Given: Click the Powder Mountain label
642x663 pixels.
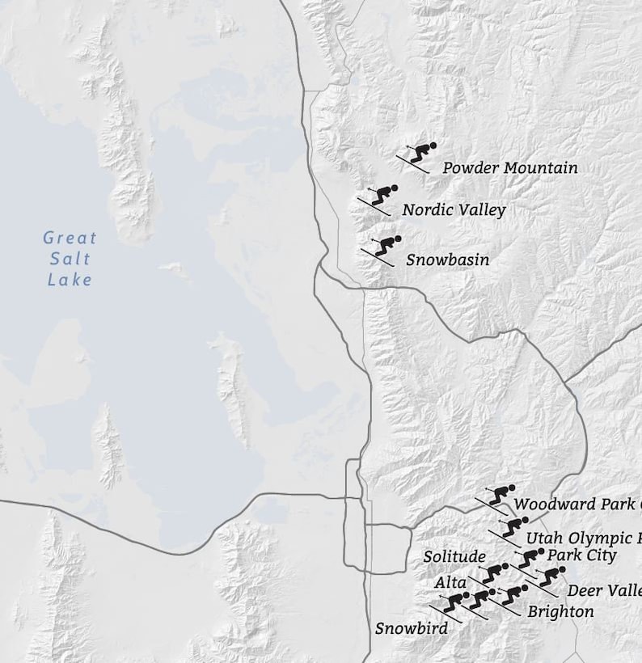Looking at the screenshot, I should point(509,168).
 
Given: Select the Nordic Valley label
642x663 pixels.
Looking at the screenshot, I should point(454,210).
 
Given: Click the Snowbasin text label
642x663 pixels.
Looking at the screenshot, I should point(447,260).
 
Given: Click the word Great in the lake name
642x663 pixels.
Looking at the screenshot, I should point(70,238).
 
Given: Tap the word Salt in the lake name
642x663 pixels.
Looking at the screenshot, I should point(70,259).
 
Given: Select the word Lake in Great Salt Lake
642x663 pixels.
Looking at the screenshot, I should point(70,280).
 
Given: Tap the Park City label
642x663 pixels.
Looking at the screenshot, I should point(581,555).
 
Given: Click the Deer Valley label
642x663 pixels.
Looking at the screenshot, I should point(603,591).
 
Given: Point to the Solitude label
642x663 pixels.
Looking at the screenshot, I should point(454,557).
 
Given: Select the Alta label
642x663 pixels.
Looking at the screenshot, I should point(450,582).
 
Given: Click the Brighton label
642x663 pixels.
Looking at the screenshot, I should point(560,612).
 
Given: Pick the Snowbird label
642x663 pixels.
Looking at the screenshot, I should point(411,628).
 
